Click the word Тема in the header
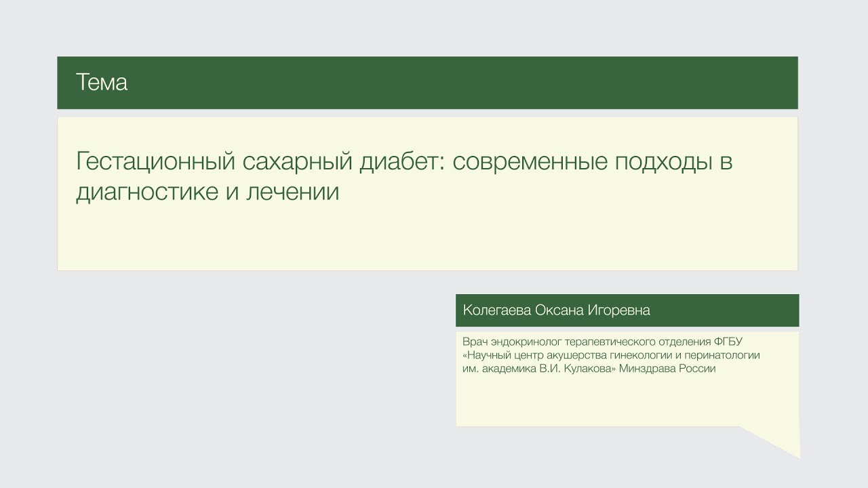[x=102, y=83]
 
